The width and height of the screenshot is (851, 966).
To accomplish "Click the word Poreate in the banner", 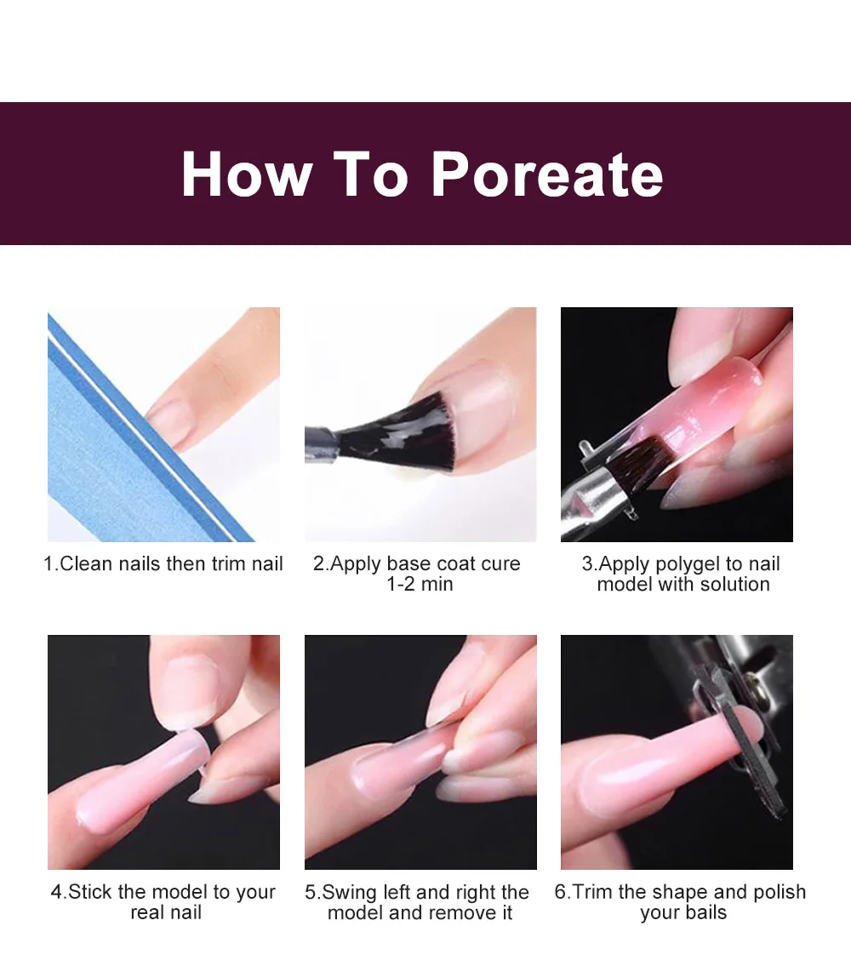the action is point(548,174).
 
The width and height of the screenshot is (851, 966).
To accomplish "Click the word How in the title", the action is point(247,174).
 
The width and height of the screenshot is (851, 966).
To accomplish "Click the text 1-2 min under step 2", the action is point(420,584).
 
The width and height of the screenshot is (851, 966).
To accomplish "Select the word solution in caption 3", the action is point(734,584).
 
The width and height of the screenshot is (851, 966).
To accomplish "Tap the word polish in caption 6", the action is point(779,892).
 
